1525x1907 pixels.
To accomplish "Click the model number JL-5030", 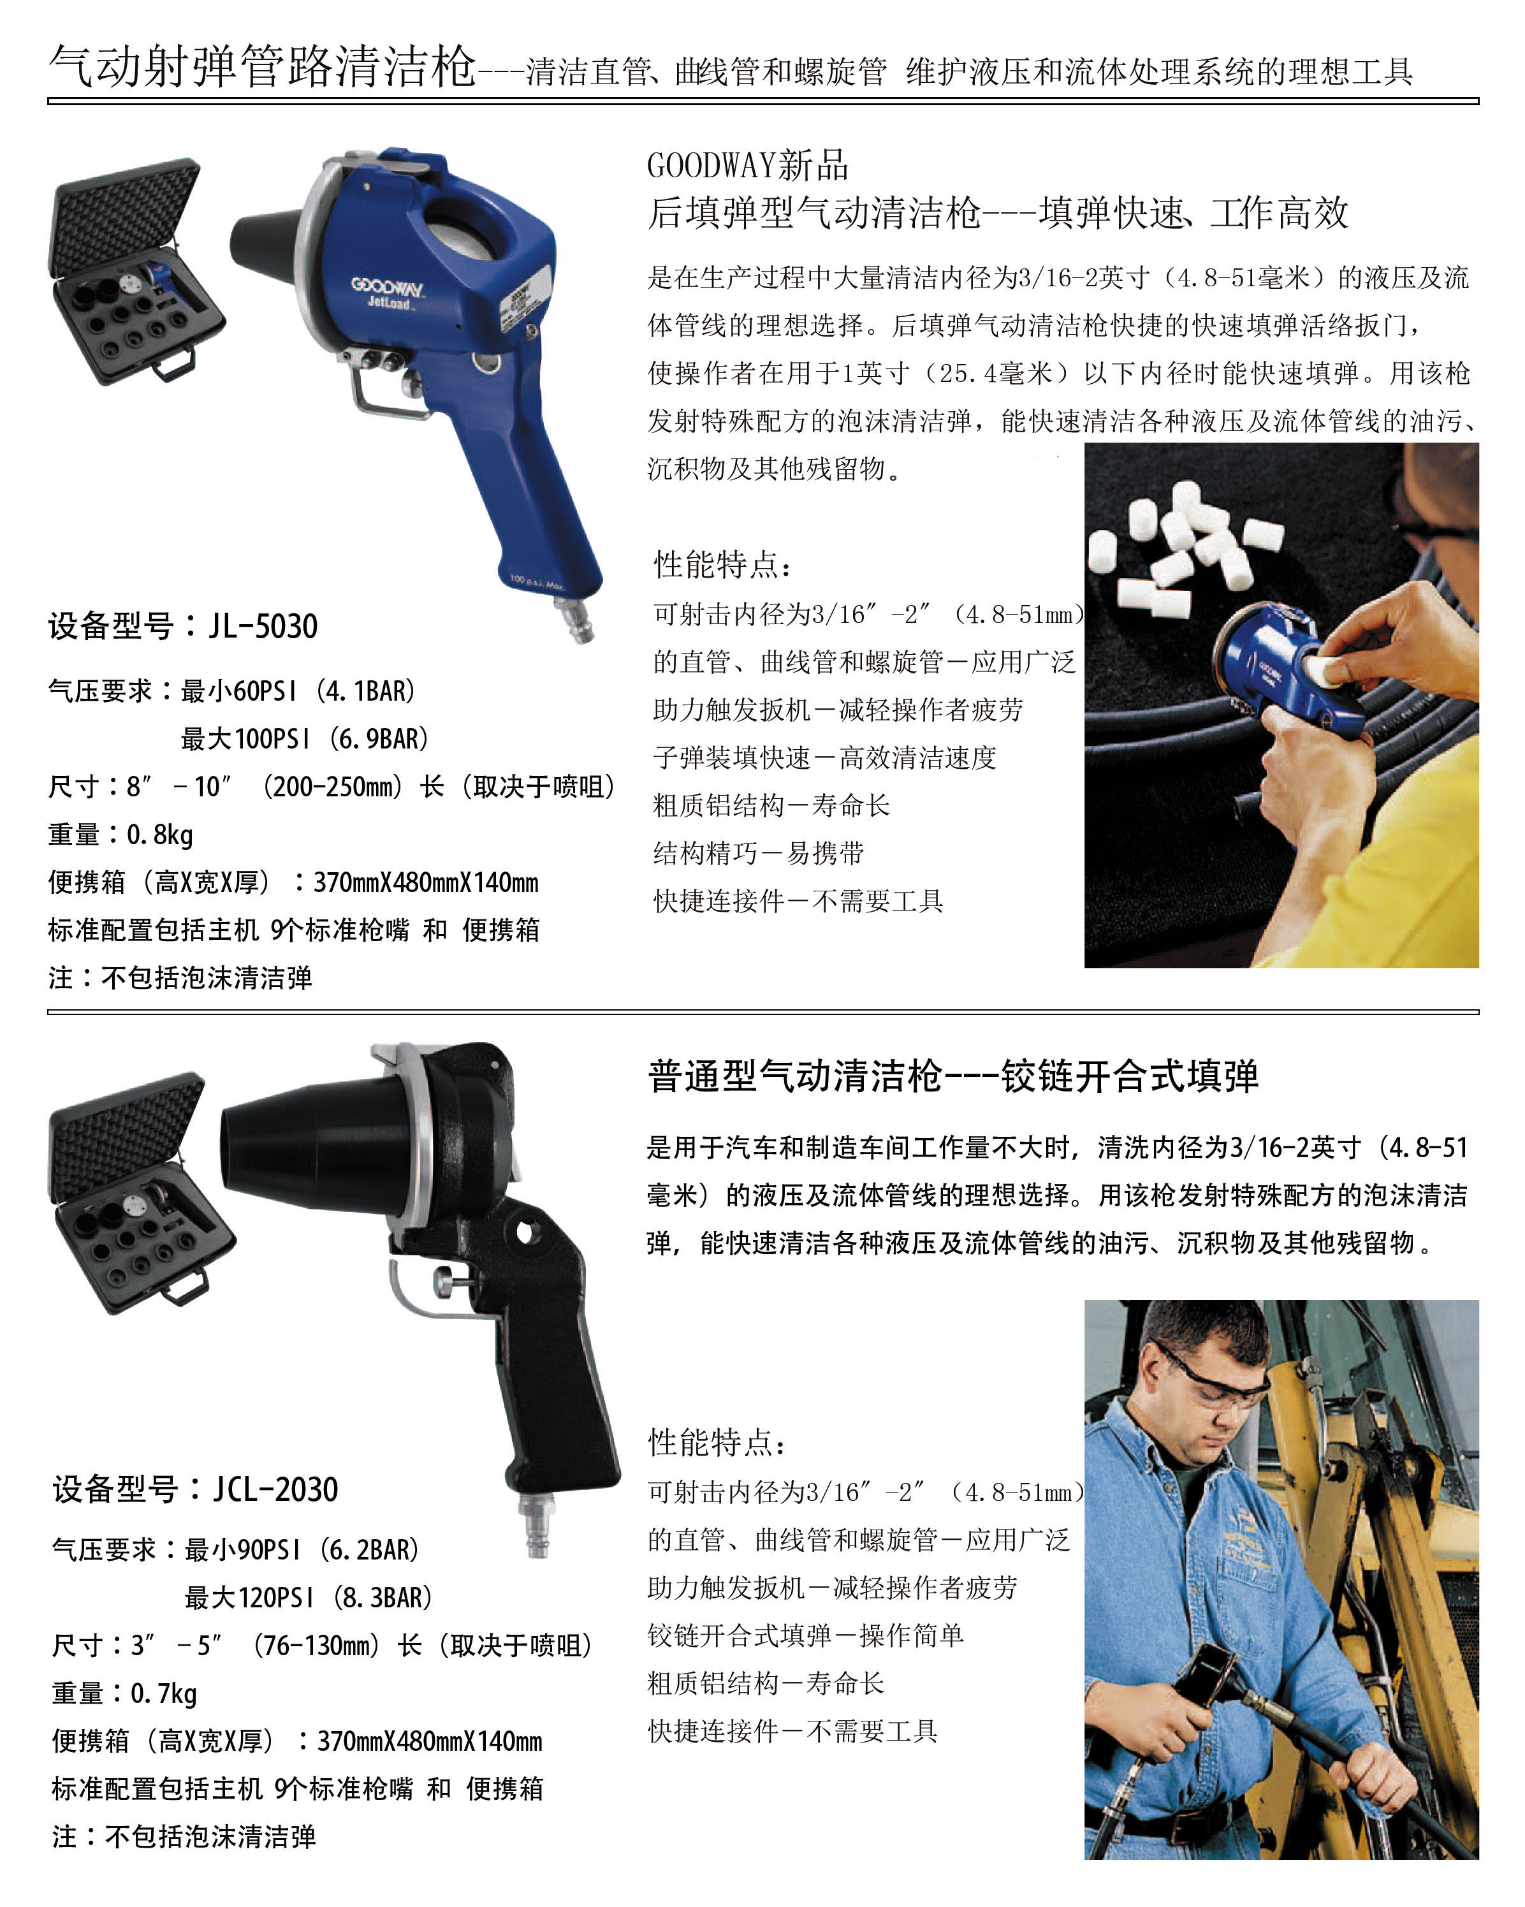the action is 263,626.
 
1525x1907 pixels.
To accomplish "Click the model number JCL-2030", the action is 275,1489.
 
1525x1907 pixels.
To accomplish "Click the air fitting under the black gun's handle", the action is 537,1523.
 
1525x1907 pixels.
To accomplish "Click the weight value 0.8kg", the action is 160,834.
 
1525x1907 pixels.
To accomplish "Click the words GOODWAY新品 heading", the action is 747,165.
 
